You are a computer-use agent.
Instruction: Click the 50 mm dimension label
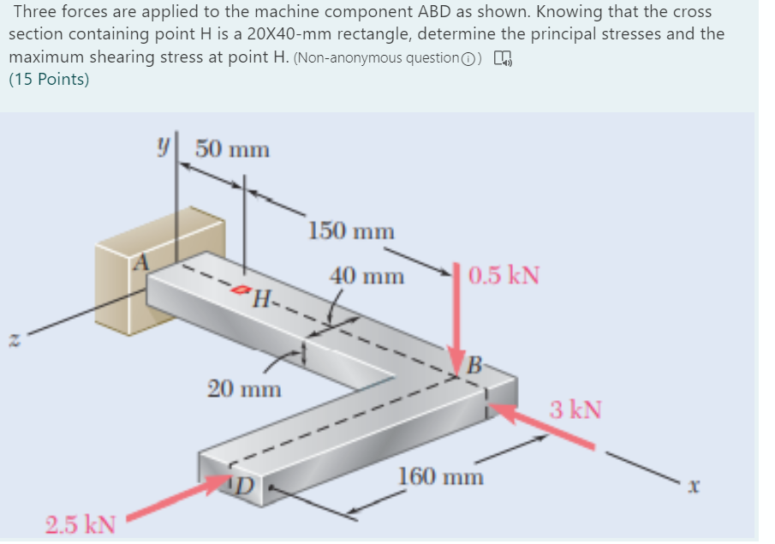[232, 150]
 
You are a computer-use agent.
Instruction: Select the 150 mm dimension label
[351, 231]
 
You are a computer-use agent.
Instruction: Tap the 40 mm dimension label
[367, 277]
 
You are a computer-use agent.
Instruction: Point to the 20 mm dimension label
[244, 389]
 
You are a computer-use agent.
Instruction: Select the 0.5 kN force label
[504, 276]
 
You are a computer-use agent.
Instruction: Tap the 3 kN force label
[575, 409]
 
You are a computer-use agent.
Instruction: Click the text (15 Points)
[49, 80]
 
